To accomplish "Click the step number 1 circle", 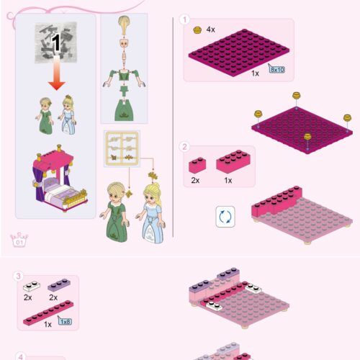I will pyautogui.click(x=185, y=20).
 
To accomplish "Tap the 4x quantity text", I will pyautogui.click(x=211, y=30).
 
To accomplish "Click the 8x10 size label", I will pyautogui.click(x=276, y=69).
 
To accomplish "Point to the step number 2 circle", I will pyautogui.click(x=185, y=147).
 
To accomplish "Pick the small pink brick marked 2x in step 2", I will pyautogui.click(x=197, y=165).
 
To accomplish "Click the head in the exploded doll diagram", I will pyautogui.click(x=125, y=48).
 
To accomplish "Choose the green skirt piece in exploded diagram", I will pyautogui.click(x=125, y=109).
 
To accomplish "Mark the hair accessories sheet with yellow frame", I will pyautogui.click(x=122, y=149).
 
